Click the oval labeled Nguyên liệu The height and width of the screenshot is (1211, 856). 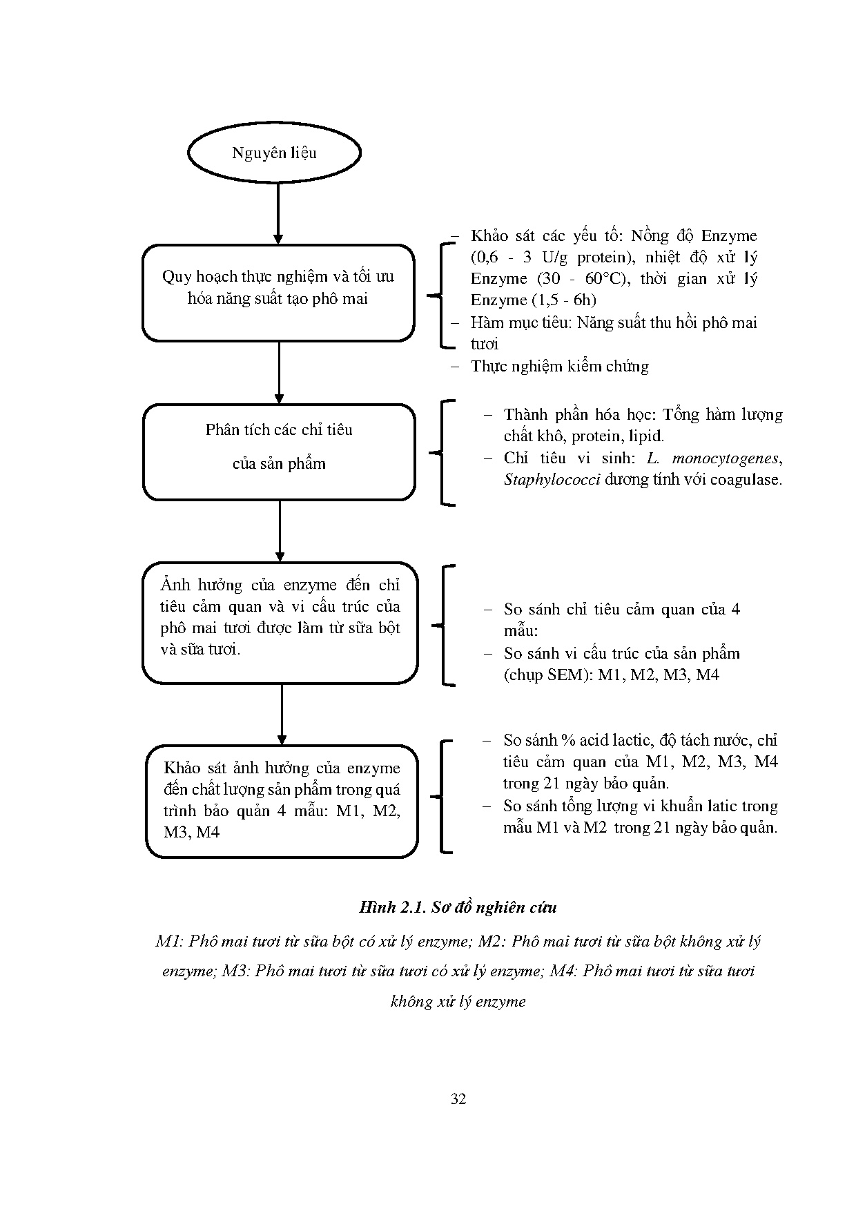[x=274, y=153]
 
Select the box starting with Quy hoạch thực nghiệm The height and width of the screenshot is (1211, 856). [x=278, y=293]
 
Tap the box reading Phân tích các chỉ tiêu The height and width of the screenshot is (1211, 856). [x=279, y=452]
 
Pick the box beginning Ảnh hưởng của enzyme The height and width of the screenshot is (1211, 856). [x=280, y=623]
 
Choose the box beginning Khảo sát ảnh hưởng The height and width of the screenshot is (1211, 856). [x=282, y=801]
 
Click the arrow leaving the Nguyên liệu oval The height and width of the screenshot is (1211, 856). [x=278, y=213]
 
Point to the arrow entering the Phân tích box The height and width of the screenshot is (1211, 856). [x=279, y=373]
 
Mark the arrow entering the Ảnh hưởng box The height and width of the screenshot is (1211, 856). [x=280, y=531]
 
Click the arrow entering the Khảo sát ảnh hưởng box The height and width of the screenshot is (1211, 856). [x=282, y=714]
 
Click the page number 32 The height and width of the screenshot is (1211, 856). [x=458, y=1099]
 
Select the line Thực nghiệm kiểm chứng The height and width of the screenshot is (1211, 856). [x=559, y=366]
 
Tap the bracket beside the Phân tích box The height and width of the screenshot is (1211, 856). [x=442, y=452]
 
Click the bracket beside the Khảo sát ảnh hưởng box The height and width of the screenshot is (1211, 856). [x=442, y=796]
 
